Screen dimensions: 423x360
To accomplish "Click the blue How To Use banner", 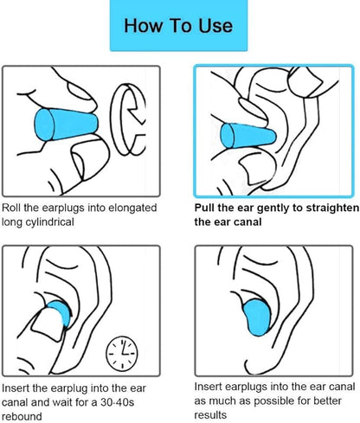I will pyautogui.click(x=178, y=25).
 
